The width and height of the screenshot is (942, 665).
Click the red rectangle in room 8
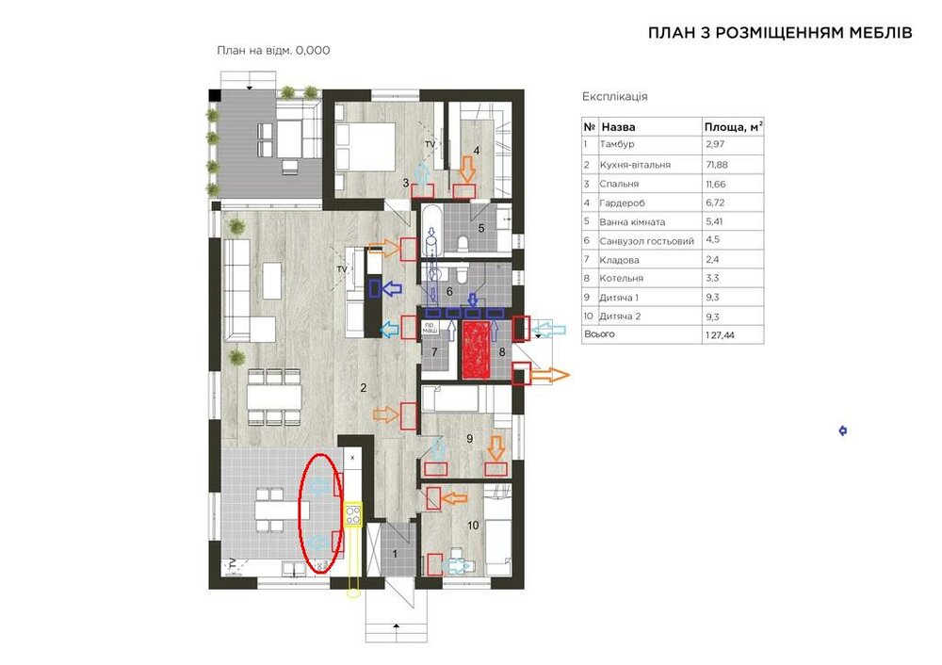pyautogui.click(x=477, y=350)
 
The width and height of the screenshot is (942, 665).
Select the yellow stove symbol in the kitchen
pyautogui.click(x=352, y=514)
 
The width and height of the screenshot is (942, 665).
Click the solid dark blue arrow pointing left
pyautogui.click(x=392, y=289)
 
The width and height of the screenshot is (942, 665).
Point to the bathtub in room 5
pyautogui.click(x=430, y=230)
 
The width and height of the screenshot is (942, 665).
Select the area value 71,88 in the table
pyautogui.click(x=718, y=165)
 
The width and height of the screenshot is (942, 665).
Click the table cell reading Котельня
pyautogui.click(x=621, y=278)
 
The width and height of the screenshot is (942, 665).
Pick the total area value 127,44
pyautogui.click(x=721, y=335)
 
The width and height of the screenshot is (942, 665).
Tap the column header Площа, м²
pyautogui.click(x=734, y=127)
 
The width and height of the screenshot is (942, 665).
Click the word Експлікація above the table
pyautogui.click(x=614, y=96)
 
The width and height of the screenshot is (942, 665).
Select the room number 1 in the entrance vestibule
pyautogui.click(x=395, y=553)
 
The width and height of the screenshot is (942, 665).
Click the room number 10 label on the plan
pyautogui.click(x=473, y=526)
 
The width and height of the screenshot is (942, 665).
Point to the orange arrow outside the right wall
pyautogui.click(x=550, y=376)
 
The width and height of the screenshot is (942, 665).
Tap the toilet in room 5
pyautogui.click(x=463, y=243)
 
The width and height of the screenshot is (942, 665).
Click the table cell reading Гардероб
pyautogui.click(x=622, y=203)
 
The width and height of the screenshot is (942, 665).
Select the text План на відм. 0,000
pyautogui.click(x=273, y=51)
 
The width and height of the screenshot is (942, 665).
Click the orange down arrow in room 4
pyautogui.click(x=467, y=169)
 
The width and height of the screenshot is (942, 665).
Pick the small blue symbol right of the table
pyautogui.click(x=843, y=430)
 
